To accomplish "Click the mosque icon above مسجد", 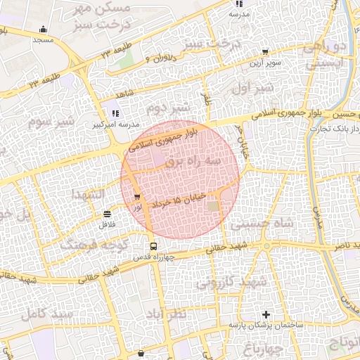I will click(x=44, y=30).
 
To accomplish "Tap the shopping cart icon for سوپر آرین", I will click(x=265, y=51).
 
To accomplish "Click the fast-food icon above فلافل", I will click(x=107, y=214).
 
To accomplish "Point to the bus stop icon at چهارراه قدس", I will click(x=153, y=246).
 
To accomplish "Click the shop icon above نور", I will click(x=137, y=198).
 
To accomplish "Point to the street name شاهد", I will click(x=124, y=94).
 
